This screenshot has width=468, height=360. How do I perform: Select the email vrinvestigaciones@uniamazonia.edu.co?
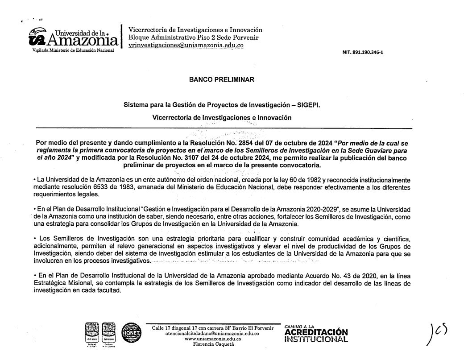point(186,46)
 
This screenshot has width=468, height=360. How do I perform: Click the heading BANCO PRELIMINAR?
point(222,80)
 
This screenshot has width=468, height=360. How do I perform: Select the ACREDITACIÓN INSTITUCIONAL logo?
point(316,334)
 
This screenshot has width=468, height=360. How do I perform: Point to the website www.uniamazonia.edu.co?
point(212,339)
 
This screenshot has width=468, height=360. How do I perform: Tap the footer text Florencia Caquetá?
point(212,344)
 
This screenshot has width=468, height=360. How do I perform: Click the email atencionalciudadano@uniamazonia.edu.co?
point(212,333)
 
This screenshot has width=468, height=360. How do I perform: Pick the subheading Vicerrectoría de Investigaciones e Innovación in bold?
point(222,118)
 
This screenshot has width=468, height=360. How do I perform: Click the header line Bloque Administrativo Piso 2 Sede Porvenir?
point(193,37)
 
